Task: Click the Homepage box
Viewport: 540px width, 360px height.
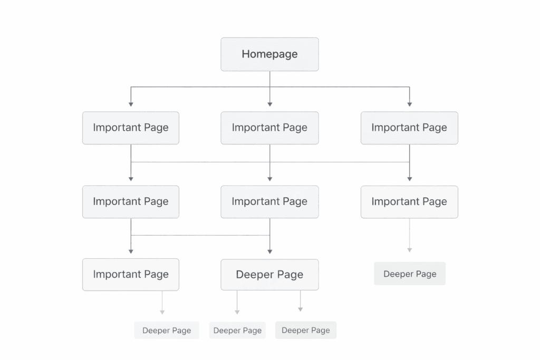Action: point(269,54)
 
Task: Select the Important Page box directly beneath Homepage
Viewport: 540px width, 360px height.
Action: point(269,128)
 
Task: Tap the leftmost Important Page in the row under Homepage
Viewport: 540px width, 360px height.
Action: point(131,128)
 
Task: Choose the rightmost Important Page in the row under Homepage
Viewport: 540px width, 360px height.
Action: point(409,128)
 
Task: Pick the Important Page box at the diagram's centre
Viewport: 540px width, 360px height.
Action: point(269,201)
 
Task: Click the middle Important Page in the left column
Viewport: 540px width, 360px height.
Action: point(131,201)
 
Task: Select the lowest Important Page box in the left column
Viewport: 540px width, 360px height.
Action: point(131,274)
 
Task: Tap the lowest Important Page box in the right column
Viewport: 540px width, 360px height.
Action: point(409,201)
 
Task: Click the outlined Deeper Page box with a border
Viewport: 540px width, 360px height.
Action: point(269,275)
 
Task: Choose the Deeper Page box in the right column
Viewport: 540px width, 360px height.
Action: point(410,274)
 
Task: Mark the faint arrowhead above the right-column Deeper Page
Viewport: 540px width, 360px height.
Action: point(410,249)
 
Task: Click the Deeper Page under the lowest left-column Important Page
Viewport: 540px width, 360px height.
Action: point(167,330)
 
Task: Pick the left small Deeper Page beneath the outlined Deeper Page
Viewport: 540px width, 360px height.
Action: point(237,330)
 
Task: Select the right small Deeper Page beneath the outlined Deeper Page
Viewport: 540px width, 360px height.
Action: point(306,330)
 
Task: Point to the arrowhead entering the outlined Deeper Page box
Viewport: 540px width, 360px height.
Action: point(269,251)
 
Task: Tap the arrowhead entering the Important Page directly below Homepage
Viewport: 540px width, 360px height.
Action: point(269,104)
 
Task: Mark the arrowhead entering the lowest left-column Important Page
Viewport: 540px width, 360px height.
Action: point(131,251)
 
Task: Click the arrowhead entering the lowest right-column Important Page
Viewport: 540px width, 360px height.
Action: point(409,178)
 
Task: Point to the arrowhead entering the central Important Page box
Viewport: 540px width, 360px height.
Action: point(269,178)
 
